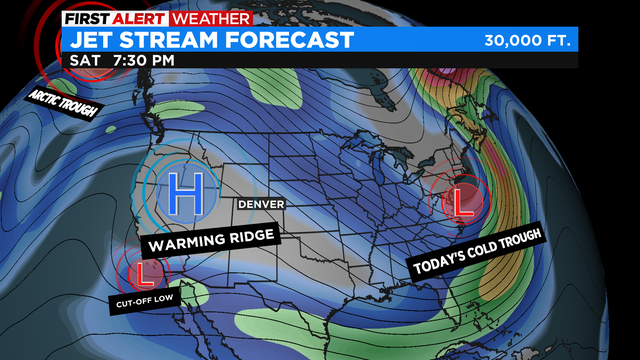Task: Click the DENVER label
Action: click(x=260, y=204)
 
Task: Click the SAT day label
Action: click(x=85, y=60)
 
